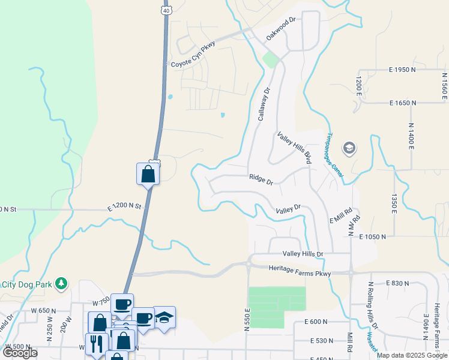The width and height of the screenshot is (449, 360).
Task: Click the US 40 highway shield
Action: click(165, 10)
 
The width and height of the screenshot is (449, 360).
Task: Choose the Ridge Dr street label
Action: click(261, 178)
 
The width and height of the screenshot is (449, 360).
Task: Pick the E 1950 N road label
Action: click(402, 70)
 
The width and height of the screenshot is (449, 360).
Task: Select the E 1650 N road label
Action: click(402, 103)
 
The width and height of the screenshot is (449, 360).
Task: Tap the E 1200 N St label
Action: click(124, 206)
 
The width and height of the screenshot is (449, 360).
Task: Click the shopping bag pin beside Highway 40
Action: click(148, 175)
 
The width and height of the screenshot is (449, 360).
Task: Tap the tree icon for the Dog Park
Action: click(60, 283)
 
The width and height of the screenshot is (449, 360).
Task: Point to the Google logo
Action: click(20, 352)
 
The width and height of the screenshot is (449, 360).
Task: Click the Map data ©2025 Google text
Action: click(412, 355)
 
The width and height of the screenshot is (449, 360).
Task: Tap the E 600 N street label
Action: click(316, 322)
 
